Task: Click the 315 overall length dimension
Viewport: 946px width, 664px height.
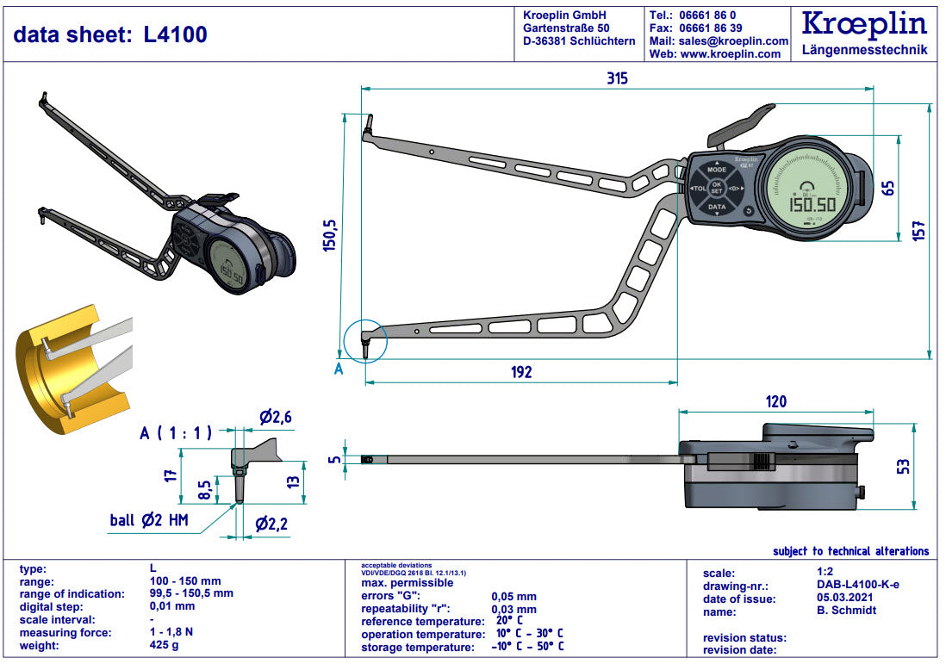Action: coord(616,78)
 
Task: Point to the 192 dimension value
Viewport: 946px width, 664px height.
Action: coord(521,372)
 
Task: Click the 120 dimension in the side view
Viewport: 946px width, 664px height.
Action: coord(775,401)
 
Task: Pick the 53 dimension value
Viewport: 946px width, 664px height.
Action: coord(903,466)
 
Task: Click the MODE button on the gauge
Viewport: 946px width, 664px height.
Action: coord(717,170)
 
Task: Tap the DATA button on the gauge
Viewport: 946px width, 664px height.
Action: coord(717,208)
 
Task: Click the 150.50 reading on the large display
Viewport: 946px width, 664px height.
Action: coord(813,204)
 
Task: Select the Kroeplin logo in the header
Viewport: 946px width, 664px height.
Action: coord(864,24)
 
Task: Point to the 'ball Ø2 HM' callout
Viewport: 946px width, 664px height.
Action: coord(148,520)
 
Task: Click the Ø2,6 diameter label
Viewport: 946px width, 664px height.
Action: coord(276,418)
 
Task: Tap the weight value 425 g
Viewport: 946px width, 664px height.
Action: coord(164,646)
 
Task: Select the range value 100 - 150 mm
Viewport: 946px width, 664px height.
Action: coord(185,581)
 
